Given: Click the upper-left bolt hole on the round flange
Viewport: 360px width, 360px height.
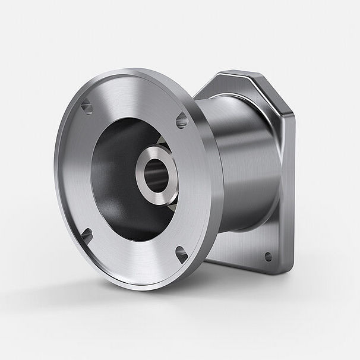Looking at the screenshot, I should (87, 107).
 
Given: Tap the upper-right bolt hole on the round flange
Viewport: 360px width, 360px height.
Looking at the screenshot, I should (182, 121).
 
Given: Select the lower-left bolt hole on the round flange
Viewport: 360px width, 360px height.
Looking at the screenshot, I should (87, 236).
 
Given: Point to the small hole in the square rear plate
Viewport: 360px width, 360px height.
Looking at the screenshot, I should (268, 257).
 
